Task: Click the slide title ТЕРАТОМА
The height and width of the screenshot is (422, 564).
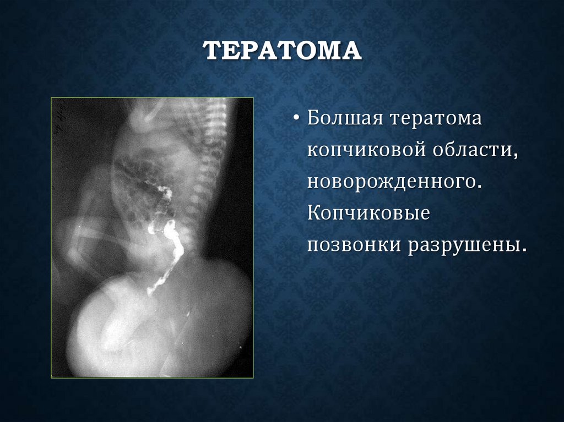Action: (282, 51)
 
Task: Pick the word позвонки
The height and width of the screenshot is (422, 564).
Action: (352, 245)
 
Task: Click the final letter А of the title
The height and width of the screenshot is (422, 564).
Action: (351, 51)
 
